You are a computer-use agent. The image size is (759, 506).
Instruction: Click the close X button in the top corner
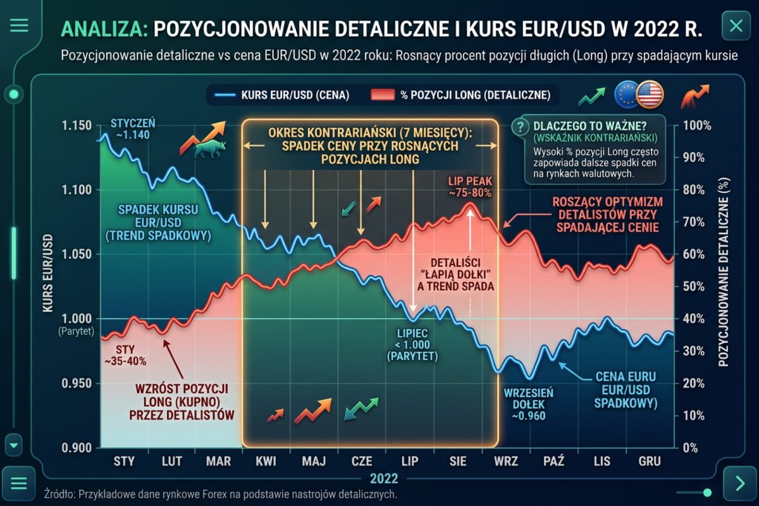[736, 25]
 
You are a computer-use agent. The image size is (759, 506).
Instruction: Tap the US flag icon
[650, 94]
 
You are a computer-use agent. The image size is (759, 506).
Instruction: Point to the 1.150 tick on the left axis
[77, 125]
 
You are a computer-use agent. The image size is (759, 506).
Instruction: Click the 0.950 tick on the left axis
[77, 383]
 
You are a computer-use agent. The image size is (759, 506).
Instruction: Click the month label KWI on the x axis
[266, 461]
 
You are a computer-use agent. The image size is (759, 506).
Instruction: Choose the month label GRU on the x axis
[650, 461]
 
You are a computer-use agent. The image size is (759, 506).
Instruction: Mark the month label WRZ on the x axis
[506, 461]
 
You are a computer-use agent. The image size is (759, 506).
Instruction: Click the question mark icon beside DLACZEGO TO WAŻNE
[520, 126]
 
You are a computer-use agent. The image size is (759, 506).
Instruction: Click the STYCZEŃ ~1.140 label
[132, 128]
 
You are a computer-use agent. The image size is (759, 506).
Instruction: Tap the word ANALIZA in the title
[104, 29]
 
